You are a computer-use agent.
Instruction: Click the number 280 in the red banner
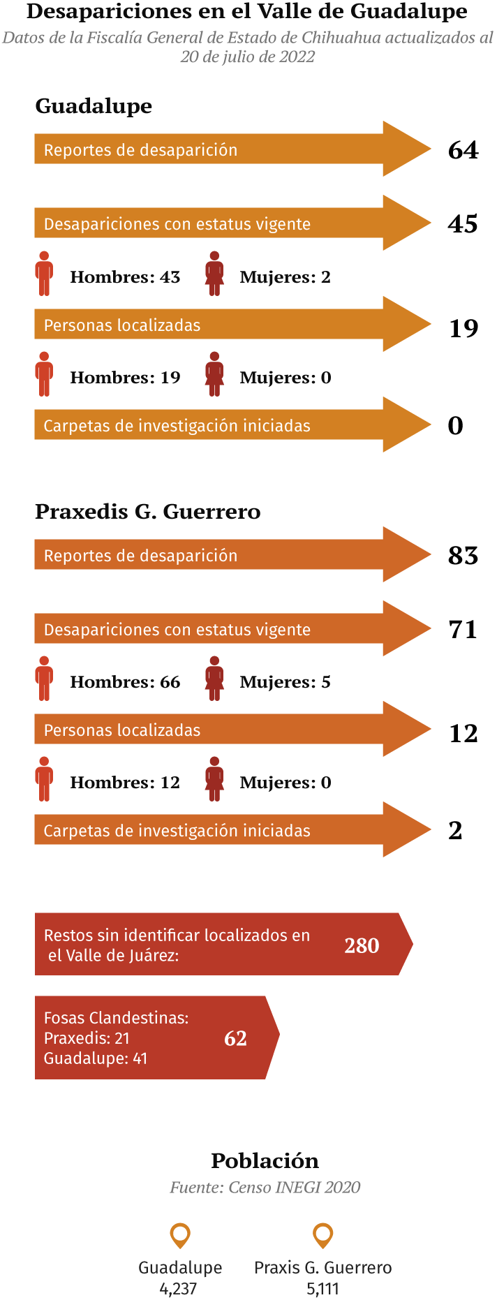point(362,945)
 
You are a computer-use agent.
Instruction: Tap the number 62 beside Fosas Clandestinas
point(235,1038)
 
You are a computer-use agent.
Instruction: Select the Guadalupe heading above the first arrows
point(94,106)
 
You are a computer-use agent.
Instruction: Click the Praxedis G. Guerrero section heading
point(147,512)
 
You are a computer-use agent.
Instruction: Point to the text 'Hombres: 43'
point(125,277)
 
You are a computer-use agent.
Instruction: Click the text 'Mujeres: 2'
point(285,277)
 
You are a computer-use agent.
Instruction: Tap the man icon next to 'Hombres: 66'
point(44,678)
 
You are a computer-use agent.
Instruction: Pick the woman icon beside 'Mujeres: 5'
point(214,678)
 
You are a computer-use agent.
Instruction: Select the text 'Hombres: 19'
point(125,378)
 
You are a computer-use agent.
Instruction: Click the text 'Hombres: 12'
point(125,783)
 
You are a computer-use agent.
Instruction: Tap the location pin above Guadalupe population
point(180,1235)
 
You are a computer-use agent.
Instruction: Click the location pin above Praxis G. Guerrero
point(322,1235)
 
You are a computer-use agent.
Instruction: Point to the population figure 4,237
point(179,1289)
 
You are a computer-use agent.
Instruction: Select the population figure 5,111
point(322,1289)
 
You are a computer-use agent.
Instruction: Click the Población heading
point(265,1161)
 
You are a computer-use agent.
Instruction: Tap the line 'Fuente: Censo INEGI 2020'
point(265,1188)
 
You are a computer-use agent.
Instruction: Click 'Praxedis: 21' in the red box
point(87,1038)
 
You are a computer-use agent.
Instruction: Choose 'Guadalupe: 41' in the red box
point(96,1058)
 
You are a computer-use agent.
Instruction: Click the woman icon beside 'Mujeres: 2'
point(214,274)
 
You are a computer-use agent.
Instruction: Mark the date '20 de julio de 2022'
point(248,57)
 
